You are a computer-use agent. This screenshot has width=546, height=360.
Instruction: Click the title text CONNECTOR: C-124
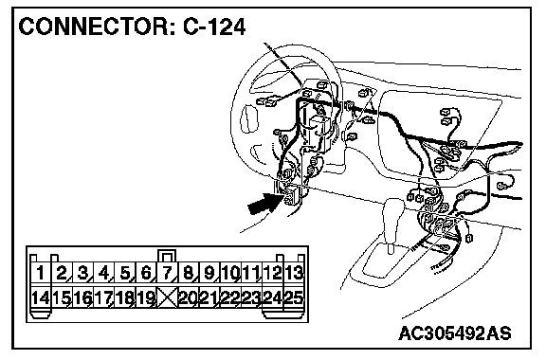coord(132,27)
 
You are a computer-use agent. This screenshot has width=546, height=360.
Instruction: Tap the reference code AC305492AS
coord(455,333)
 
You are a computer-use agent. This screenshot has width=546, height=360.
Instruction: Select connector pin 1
coord(41,273)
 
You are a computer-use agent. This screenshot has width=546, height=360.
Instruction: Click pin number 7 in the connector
coord(167,273)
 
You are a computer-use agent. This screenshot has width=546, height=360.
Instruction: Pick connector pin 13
coord(294,273)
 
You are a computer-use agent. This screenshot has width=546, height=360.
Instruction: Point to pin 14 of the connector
coord(41,297)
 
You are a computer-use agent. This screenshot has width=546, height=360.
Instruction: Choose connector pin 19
coord(146,297)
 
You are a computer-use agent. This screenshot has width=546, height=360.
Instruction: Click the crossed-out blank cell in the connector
coord(168,297)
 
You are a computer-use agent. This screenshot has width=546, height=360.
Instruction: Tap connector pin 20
coord(189,297)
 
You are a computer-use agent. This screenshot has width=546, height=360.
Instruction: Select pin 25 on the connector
coord(294,297)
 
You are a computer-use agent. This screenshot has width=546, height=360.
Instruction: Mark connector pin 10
coord(230,273)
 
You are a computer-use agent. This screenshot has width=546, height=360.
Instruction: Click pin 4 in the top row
coord(103,273)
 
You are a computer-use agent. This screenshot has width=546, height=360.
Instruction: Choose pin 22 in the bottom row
coord(230,297)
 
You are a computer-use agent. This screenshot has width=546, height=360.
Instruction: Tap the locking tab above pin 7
coord(167,255)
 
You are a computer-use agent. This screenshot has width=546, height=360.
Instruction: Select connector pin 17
coord(103,297)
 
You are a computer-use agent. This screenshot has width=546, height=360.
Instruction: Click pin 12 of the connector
coord(273,273)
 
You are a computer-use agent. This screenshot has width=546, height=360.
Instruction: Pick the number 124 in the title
coord(225,27)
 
